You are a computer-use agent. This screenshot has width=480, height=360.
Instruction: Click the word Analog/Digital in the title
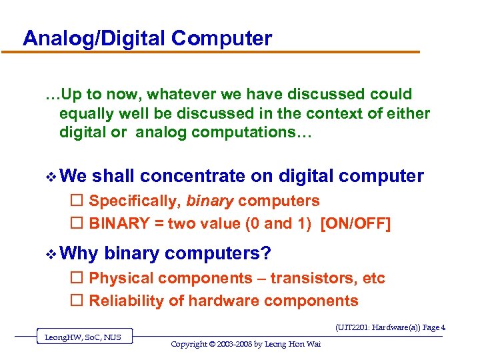tap(94, 39)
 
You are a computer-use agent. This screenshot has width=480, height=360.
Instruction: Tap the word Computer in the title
tap(221, 39)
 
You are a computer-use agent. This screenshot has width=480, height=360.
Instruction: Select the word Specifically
tap(135, 201)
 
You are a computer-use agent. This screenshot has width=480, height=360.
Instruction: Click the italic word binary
tap(209, 201)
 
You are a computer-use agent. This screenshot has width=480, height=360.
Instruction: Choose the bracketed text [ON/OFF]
tap(355, 223)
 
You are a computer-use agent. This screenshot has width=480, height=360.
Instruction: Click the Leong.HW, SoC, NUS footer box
tap(83, 337)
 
